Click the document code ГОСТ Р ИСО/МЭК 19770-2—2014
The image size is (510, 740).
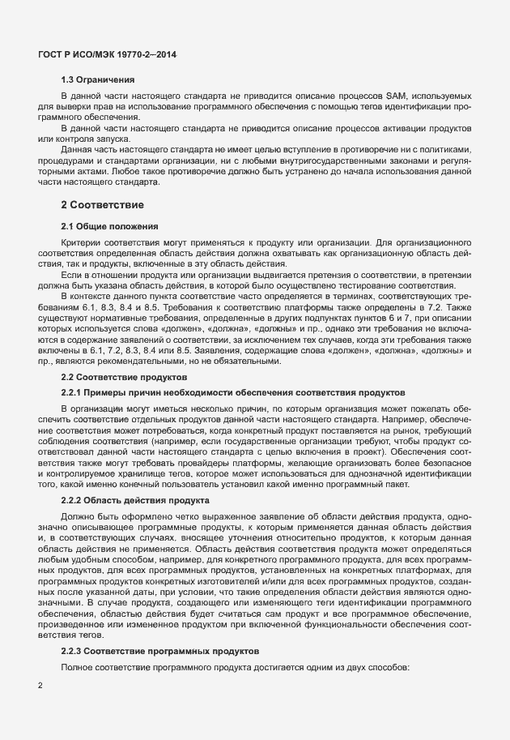point(108,54)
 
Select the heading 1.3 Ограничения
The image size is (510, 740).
point(98,79)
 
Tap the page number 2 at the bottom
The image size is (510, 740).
point(41,686)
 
